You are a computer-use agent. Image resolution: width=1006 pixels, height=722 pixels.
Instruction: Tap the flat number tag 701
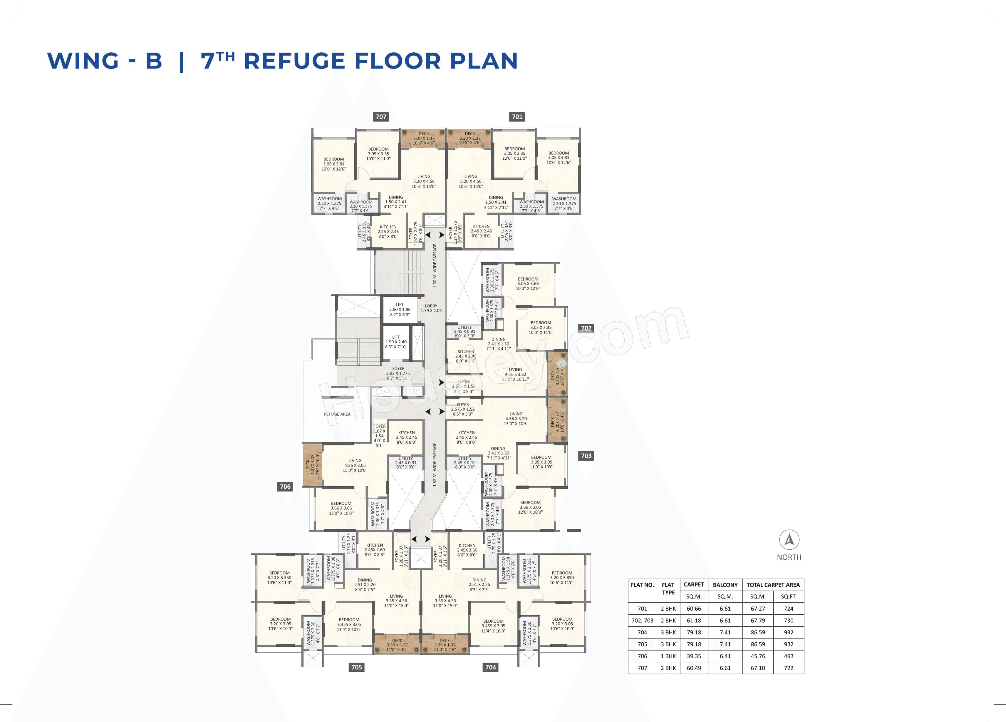pos(517,117)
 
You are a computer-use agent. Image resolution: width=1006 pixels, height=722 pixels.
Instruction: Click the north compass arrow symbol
pos(789,540)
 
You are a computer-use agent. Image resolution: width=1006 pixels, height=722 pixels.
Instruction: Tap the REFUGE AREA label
pos(337,414)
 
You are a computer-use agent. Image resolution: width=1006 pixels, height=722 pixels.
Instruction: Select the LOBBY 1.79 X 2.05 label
pos(431,308)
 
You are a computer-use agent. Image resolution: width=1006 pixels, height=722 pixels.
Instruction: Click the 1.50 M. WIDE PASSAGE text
pos(435,266)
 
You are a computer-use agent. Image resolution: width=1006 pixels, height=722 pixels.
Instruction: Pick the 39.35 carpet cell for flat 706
pos(694,656)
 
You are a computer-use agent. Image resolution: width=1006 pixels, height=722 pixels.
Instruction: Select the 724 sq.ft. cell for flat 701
pos(788,609)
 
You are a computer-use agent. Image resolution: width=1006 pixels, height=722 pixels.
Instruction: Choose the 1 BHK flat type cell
pos(668,656)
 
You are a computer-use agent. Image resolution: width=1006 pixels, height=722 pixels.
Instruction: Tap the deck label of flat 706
pos(312,465)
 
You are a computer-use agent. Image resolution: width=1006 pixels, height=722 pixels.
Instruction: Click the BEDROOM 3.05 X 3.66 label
pos(528,284)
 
